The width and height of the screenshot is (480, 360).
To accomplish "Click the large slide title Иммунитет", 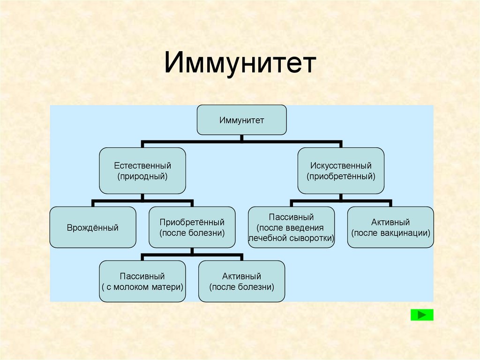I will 240,64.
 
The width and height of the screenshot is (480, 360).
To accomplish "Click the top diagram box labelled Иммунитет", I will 241,120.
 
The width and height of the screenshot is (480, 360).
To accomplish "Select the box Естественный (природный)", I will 142,170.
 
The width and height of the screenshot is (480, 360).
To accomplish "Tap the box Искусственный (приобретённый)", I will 341,171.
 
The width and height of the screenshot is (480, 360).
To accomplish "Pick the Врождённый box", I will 93,227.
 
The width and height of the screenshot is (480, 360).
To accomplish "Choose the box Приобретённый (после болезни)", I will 192,227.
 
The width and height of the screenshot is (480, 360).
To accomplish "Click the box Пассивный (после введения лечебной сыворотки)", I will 291,227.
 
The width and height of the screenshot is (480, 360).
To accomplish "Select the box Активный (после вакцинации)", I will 390,227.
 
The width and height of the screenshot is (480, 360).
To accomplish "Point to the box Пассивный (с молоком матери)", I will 142,281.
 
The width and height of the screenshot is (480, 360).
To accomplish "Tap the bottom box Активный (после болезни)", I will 241,281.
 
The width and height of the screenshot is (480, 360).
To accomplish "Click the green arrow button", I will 422,315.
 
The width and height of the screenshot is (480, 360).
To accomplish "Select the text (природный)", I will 142,176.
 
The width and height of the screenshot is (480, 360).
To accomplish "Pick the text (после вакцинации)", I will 390,232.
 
